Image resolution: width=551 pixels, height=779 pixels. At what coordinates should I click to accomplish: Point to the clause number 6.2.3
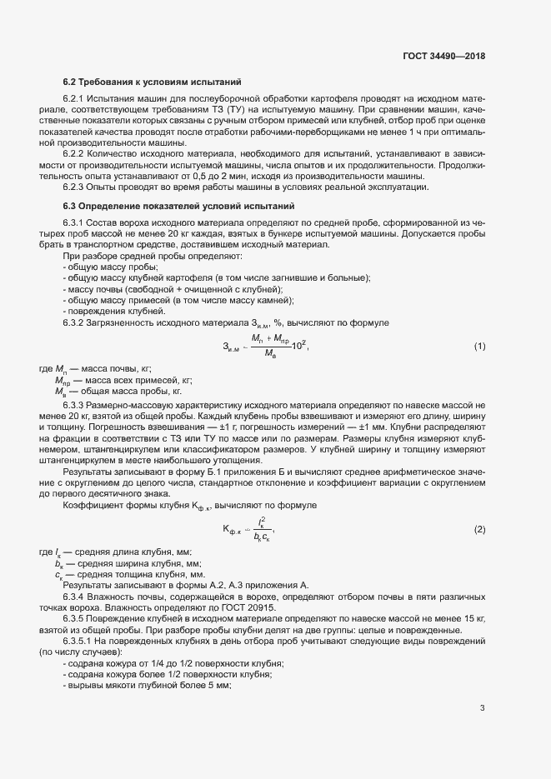[x=76, y=187]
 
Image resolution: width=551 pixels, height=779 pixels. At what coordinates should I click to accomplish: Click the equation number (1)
[x=479, y=346]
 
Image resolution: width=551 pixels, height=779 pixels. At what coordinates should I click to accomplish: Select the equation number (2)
[x=479, y=530]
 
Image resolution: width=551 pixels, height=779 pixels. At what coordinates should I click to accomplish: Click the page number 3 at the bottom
[x=482, y=708]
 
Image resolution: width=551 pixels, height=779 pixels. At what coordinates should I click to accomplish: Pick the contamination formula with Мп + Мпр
[x=264, y=346]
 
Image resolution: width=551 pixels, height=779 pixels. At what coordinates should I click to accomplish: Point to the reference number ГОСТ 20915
[x=249, y=607]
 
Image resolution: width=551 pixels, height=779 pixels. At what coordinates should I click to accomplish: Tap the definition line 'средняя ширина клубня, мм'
[x=124, y=563]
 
